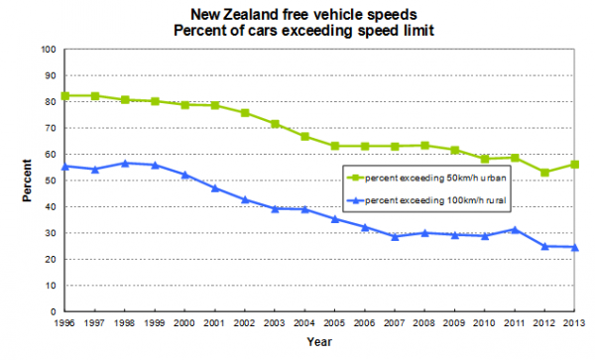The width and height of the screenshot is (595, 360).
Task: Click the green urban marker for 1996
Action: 64,96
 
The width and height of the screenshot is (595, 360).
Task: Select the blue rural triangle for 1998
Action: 125,163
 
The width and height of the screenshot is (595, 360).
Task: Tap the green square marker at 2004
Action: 305,137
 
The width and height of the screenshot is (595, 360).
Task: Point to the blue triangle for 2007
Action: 395,237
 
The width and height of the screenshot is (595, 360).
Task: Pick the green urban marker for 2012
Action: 544,173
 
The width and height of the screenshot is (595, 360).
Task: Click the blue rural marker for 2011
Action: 515,229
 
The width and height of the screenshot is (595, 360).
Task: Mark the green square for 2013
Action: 574,165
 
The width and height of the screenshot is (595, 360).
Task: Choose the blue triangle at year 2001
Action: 215,187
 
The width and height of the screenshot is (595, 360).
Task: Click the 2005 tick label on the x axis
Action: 334,323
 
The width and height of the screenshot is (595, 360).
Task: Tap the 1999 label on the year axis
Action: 155,323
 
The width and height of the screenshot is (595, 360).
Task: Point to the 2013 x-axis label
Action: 574,323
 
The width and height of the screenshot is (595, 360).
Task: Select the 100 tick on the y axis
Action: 49,50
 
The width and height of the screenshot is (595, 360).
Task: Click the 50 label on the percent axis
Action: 51,180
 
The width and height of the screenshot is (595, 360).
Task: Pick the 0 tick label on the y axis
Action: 54,311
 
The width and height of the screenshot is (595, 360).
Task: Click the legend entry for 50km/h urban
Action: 426,178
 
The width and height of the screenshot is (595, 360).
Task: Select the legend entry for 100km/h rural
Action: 426,200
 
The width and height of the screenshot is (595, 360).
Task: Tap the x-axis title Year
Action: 319,342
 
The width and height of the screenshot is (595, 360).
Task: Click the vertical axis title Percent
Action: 27,180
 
